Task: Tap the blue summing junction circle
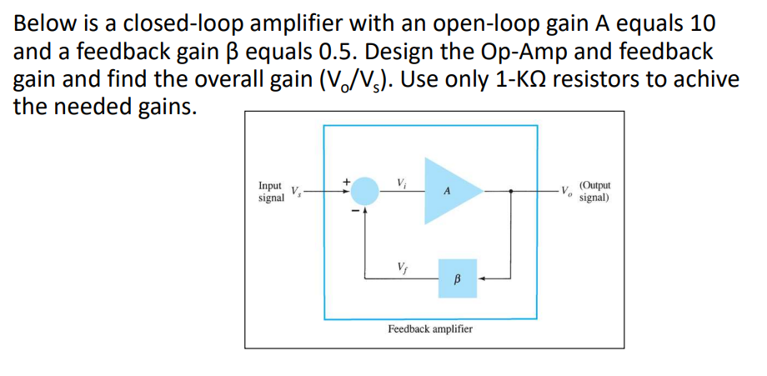tap(363, 192)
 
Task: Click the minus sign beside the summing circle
tap(353, 211)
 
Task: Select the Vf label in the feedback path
tap(403, 268)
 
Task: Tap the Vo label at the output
tap(564, 191)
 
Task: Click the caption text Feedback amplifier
tap(430, 329)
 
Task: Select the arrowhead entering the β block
tap(483, 279)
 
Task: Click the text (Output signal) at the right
tap(594, 192)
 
